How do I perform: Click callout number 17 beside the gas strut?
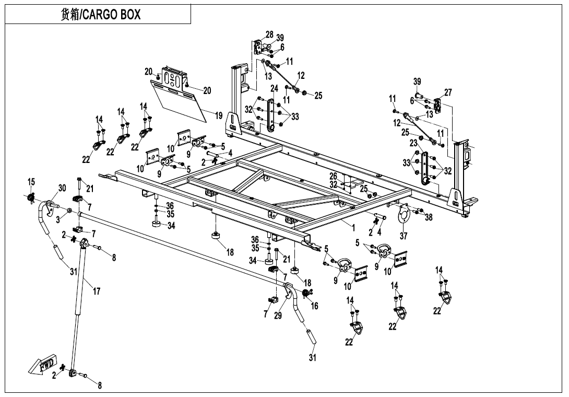(97, 291)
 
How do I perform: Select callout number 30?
(62, 189)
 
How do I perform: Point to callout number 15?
(31, 182)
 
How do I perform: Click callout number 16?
(314, 306)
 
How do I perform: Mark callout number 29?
(278, 316)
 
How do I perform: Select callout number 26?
(333, 177)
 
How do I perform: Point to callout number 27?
(448, 92)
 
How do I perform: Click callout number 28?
(269, 34)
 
